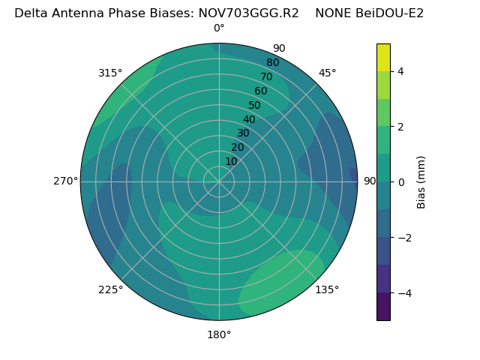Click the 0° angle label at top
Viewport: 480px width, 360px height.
(219, 28)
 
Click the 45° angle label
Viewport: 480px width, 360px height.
(327, 73)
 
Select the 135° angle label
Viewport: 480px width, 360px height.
(327, 289)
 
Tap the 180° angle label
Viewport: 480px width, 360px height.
(219, 334)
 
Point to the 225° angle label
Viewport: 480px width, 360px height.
(110, 289)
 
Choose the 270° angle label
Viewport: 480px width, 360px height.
(66, 181)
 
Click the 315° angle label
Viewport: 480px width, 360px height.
(110, 73)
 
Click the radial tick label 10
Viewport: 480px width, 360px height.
(231, 161)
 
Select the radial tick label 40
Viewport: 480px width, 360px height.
(249, 120)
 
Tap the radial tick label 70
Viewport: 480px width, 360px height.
(266, 76)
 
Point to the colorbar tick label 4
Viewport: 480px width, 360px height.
(400, 71)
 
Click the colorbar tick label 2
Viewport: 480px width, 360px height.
(400, 127)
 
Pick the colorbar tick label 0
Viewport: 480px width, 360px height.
(400, 182)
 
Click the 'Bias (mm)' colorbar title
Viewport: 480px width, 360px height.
(421, 182)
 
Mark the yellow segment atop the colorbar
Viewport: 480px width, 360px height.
(383, 57)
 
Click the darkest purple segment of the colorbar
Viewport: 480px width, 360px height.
(383, 307)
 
